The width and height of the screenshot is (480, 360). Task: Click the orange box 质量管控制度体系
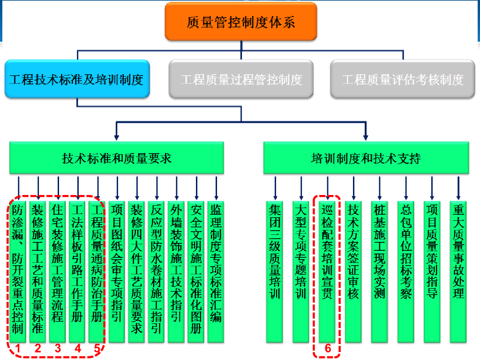coord(241,22)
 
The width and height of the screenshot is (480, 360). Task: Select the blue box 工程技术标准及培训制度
coord(77,79)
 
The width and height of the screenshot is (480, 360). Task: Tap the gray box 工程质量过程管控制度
coord(241,79)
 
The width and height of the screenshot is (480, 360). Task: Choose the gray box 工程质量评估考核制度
coord(403,79)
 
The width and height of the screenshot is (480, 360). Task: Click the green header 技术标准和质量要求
coord(117,158)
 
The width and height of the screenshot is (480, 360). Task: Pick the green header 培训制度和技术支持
coord(366,158)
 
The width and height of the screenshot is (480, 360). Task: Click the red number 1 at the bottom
coord(17,348)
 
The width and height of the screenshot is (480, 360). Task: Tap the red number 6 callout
coord(328,348)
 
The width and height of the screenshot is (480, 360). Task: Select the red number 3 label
coord(58,348)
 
